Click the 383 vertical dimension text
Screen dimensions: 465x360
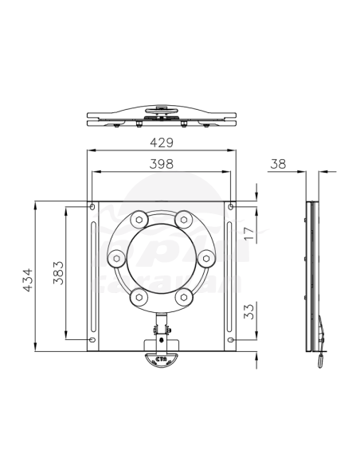pos(57,275)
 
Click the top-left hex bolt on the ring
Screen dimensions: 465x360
pos(139,218)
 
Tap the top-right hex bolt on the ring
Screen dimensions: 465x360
pos(184,218)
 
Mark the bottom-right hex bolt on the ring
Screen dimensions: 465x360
pos(184,296)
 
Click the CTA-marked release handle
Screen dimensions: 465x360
pos(162,358)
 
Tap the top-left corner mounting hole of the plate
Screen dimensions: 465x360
pos(93,208)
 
